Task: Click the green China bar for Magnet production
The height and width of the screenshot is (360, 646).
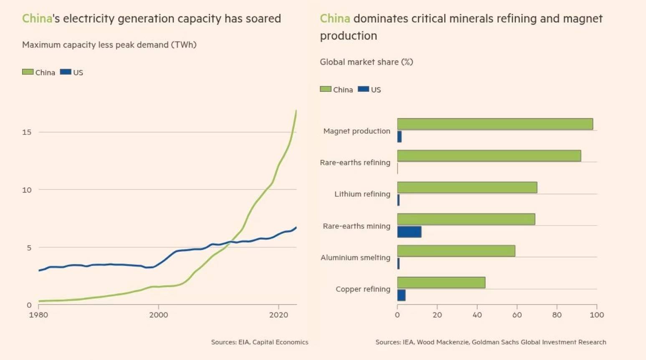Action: coord(495,124)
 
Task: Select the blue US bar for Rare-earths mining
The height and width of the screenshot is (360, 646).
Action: coord(409,232)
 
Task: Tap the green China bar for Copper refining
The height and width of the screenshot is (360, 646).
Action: coord(441,282)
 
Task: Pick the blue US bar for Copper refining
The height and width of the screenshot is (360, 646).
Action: coord(401,295)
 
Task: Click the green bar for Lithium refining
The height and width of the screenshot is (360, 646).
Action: coord(467,188)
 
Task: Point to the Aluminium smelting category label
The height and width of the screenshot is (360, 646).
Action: coord(355,258)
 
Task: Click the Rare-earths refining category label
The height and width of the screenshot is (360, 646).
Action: coord(355,162)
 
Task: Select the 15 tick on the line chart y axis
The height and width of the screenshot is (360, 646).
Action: coord(27,132)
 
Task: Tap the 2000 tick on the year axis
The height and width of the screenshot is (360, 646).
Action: coord(159,315)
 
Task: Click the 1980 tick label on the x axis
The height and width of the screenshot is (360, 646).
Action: coord(38,315)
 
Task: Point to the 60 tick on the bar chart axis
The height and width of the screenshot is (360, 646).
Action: coord(517,315)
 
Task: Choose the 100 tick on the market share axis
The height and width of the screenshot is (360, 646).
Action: coord(597,315)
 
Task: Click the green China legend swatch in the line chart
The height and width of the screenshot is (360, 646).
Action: coord(28,72)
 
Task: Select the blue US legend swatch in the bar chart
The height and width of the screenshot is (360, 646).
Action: coord(363,89)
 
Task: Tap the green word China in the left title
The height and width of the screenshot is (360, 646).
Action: coord(37,19)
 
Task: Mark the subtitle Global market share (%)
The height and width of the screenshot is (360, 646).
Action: coord(366,62)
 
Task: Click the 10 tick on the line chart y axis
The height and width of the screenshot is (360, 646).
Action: coord(27,190)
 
